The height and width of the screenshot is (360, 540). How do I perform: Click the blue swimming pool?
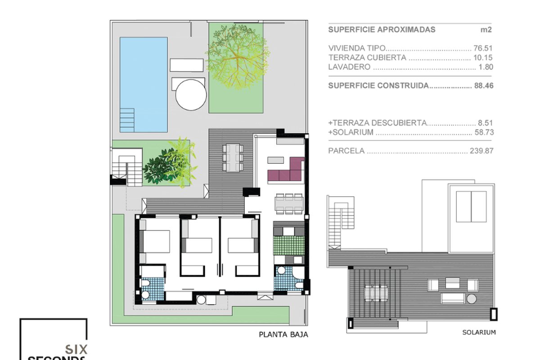tap(144, 85)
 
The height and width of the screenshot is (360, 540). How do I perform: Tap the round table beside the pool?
tap(191, 95)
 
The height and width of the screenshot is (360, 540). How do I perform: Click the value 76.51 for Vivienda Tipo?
tap(483, 48)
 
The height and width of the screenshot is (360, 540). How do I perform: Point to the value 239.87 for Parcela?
tap(481, 151)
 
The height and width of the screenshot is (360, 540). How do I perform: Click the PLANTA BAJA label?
tap(283, 335)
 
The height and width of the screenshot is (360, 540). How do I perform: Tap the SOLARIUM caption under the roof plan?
tap(479, 332)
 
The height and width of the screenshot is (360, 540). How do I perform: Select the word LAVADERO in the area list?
tap(349, 67)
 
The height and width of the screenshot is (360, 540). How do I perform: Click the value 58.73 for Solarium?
tap(484, 132)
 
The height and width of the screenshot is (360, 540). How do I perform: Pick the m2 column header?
tap(486, 30)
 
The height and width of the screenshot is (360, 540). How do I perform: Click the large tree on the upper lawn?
tap(238, 57)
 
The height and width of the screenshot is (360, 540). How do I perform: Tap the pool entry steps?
tap(127, 120)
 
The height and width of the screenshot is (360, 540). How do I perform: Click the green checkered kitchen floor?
tap(289, 245)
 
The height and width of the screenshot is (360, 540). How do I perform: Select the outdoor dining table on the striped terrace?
tap(233, 157)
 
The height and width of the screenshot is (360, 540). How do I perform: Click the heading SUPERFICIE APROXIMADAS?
tap(382, 30)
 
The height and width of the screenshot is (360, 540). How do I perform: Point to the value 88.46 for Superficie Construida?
tap(484, 85)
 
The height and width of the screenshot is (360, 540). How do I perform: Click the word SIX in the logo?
tap(76, 349)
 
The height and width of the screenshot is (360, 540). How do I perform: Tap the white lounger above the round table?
tap(187, 65)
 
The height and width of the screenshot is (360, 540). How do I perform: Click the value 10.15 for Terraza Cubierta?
tap(483, 58)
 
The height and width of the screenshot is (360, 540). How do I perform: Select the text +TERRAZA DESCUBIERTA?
tap(378, 123)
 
